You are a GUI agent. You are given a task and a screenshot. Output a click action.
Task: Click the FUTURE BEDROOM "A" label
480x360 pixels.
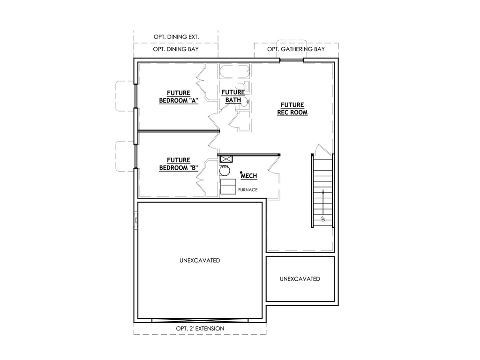click(x=179, y=97)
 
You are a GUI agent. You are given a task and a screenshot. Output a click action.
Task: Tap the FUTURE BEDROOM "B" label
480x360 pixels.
click(x=179, y=164)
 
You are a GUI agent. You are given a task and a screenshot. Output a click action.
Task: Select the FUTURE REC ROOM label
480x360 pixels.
click(x=292, y=109)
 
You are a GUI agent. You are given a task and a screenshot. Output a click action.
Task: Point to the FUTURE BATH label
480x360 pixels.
click(x=233, y=96)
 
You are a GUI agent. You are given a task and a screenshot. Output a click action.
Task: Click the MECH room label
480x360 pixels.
click(x=249, y=176)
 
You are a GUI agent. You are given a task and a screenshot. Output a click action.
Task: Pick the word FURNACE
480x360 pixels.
click(x=247, y=190)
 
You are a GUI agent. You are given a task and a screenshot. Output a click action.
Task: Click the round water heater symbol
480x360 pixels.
click(x=225, y=171)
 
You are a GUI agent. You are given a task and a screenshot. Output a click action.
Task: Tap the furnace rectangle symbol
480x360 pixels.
click(x=228, y=187)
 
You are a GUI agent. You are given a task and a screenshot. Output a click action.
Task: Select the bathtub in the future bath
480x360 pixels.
click(x=235, y=72)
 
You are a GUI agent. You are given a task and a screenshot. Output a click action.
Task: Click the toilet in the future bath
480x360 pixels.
click(x=244, y=86)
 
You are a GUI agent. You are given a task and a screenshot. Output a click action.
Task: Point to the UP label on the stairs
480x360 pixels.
click(x=322, y=218)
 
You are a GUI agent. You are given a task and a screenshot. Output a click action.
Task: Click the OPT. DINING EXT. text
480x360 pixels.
click(x=176, y=37)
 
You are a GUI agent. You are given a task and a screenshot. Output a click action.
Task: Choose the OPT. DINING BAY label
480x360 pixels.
click(x=176, y=49)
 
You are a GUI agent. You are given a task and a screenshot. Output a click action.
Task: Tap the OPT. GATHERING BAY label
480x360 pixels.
click(x=296, y=49)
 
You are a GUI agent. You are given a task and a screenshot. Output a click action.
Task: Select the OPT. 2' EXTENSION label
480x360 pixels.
click(x=200, y=329)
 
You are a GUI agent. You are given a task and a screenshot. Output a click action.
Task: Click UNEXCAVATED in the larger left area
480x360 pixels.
click(x=200, y=261)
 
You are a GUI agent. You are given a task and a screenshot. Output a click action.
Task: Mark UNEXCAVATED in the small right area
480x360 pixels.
click(x=300, y=279)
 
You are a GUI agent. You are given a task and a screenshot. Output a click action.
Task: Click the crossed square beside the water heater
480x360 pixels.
click(x=226, y=159)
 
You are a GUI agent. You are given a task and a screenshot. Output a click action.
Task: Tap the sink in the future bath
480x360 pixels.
click(x=244, y=103)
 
